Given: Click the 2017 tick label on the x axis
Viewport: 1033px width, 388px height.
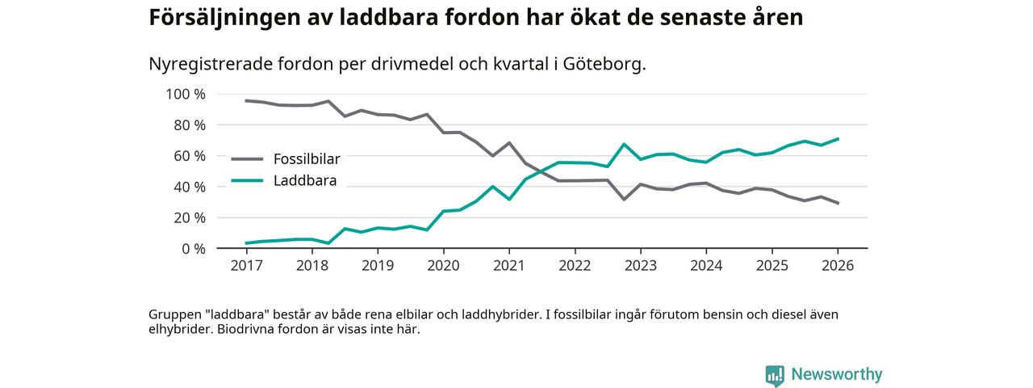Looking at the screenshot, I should (x=246, y=265).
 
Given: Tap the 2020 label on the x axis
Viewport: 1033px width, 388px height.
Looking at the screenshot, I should (x=443, y=265).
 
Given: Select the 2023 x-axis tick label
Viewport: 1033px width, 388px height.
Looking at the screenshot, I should (x=640, y=265).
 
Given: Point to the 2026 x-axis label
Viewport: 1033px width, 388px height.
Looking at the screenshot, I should (x=837, y=265).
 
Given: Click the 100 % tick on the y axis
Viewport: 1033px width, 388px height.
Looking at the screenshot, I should (x=186, y=95).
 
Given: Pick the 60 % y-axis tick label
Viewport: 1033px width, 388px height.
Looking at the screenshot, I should (x=190, y=156).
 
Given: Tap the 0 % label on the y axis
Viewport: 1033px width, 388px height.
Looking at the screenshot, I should (x=193, y=249).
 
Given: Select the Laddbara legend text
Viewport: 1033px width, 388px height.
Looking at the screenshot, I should (x=304, y=180).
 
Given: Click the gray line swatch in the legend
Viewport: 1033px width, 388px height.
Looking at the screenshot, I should (x=247, y=159).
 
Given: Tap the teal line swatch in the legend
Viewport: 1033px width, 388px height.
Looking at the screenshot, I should (x=247, y=180).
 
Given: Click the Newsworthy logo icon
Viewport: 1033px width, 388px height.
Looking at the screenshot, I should (x=775, y=375).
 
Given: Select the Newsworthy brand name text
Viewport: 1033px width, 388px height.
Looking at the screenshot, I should (x=836, y=374).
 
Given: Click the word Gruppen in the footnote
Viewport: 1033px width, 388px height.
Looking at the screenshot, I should (x=174, y=314).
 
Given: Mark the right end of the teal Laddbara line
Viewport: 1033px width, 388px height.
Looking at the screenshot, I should (x=838, y=139).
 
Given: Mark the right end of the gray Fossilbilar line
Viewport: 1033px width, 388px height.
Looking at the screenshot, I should (x=838, y=203).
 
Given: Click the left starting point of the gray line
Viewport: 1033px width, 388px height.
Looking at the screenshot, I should (x=246, y=101).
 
